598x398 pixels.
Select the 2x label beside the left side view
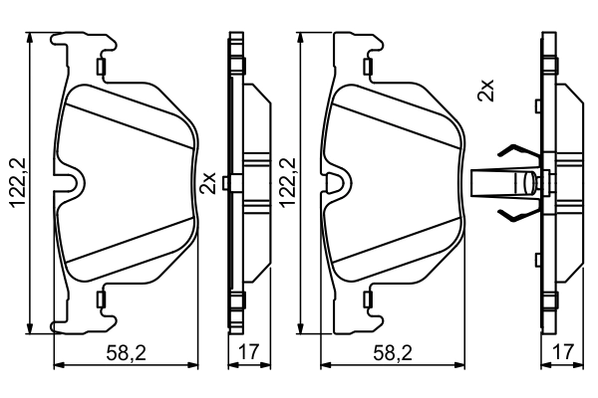pyautogui.click(x=208, y=182)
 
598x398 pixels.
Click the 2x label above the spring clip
pyautogui.click(x=485, y=91)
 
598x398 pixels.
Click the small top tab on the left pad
pyautogui.click(x=102, y=67)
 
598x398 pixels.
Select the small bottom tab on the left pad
pyautogui.click(x=102, y=298)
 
